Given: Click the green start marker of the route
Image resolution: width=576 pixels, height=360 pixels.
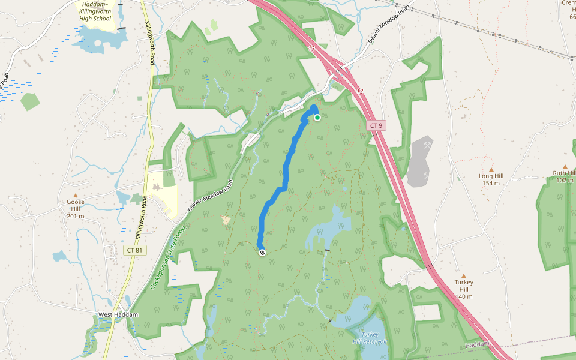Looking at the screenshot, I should coord(317,118).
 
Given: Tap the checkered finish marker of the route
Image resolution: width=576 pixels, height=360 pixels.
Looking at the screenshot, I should coord(262,253).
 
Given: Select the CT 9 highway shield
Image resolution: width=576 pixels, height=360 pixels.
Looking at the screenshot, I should coord(376,125).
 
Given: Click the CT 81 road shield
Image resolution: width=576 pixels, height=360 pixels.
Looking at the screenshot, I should coord(134,250).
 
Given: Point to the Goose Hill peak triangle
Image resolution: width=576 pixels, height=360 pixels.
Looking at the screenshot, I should coord(76,195).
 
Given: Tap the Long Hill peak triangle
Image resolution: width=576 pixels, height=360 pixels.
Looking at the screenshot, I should coord(491,169).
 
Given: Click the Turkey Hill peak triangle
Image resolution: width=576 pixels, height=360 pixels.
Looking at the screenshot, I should coord(464,276).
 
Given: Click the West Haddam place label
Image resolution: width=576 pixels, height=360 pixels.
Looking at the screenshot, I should coord(118,315).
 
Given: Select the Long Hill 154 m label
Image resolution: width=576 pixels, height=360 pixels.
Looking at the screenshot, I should coord(491,179).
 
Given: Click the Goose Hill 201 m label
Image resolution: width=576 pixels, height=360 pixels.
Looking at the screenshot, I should coord(76,209).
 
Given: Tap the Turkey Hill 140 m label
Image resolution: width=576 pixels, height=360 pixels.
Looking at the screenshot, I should coord(464,289).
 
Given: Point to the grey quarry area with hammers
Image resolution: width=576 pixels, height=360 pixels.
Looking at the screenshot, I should coord(420,161).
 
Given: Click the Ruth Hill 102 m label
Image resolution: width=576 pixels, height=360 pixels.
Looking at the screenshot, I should coord(564,176).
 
